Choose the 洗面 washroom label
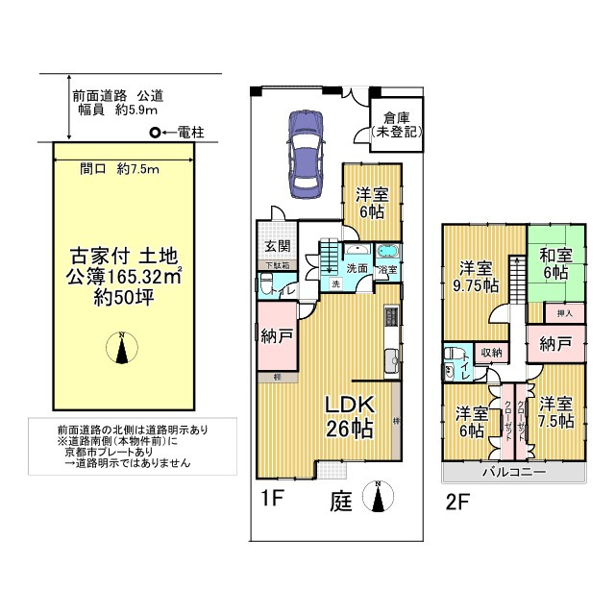tap(357, 268)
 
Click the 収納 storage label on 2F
tap(491, 353)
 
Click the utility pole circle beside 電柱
tap(154, 134)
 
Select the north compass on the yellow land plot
tap(121, 347)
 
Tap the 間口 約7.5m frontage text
tap(119, 168)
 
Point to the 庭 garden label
tap(341, 500)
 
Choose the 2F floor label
tap(458, 501)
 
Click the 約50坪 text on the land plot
tap(121, 297)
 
